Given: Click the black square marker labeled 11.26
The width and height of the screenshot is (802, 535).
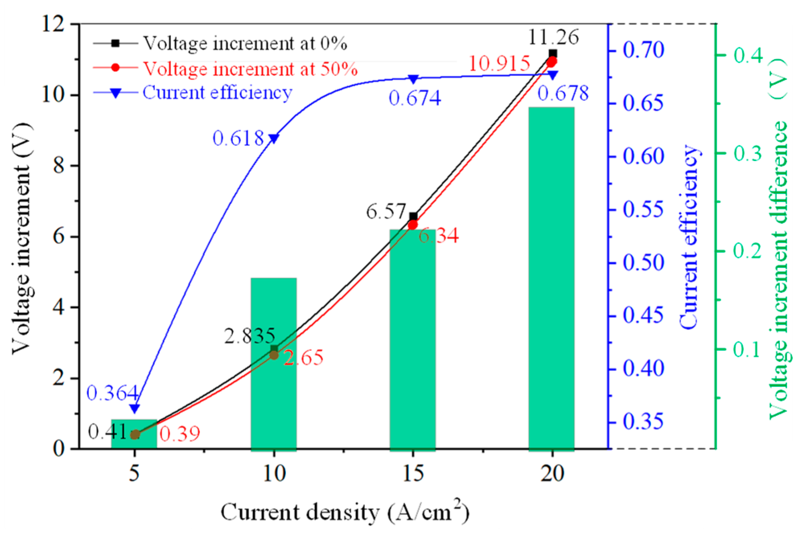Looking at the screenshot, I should click(553, 53).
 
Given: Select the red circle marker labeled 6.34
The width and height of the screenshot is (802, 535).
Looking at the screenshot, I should click(412, 225).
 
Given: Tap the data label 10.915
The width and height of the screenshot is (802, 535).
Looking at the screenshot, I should click(499, 64).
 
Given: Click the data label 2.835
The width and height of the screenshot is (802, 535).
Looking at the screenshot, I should click(250, 336).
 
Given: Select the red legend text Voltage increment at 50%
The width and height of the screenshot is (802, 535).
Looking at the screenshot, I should click(250, 69).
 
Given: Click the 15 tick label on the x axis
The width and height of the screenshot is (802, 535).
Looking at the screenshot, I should click(413, 474).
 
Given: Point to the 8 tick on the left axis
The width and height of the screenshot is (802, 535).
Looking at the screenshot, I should click(59, 165).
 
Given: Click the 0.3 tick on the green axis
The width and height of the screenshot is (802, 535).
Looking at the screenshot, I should click(747, 153).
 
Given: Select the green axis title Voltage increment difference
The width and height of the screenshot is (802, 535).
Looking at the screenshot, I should click(779, 241).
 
